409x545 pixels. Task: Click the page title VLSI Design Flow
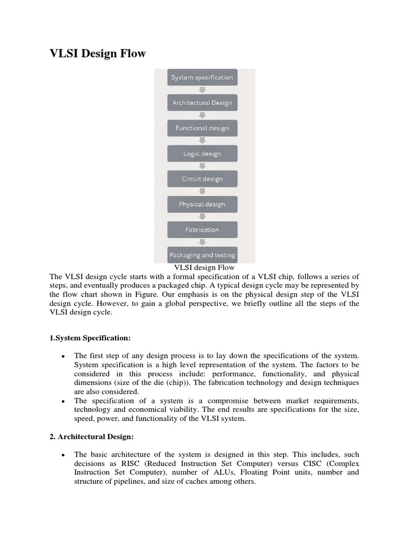tap(97, 54)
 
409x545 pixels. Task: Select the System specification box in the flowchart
tap(202, 78)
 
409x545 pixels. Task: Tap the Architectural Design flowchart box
tap(202, 103)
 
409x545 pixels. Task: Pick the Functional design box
tap(202, 128)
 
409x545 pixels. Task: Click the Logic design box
tap(202, 154)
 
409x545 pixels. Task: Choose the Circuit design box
tap(202, 179)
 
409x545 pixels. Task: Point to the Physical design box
tap(202, 204)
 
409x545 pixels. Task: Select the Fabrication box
tap(202, 230)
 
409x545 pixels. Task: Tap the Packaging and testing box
tap(202, 255)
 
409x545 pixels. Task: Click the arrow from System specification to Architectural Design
tap(202, 90)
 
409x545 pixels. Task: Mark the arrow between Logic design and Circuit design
tap(202, 166)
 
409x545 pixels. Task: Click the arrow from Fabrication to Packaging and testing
tap(202, 242)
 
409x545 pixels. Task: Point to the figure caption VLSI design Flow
tap(201, 268)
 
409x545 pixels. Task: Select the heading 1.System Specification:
tap(90, 338)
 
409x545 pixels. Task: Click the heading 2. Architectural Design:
tap(92, 437)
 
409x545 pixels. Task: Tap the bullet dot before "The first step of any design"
tap(63, 356)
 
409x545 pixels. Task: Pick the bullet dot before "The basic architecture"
tap(63, 456)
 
